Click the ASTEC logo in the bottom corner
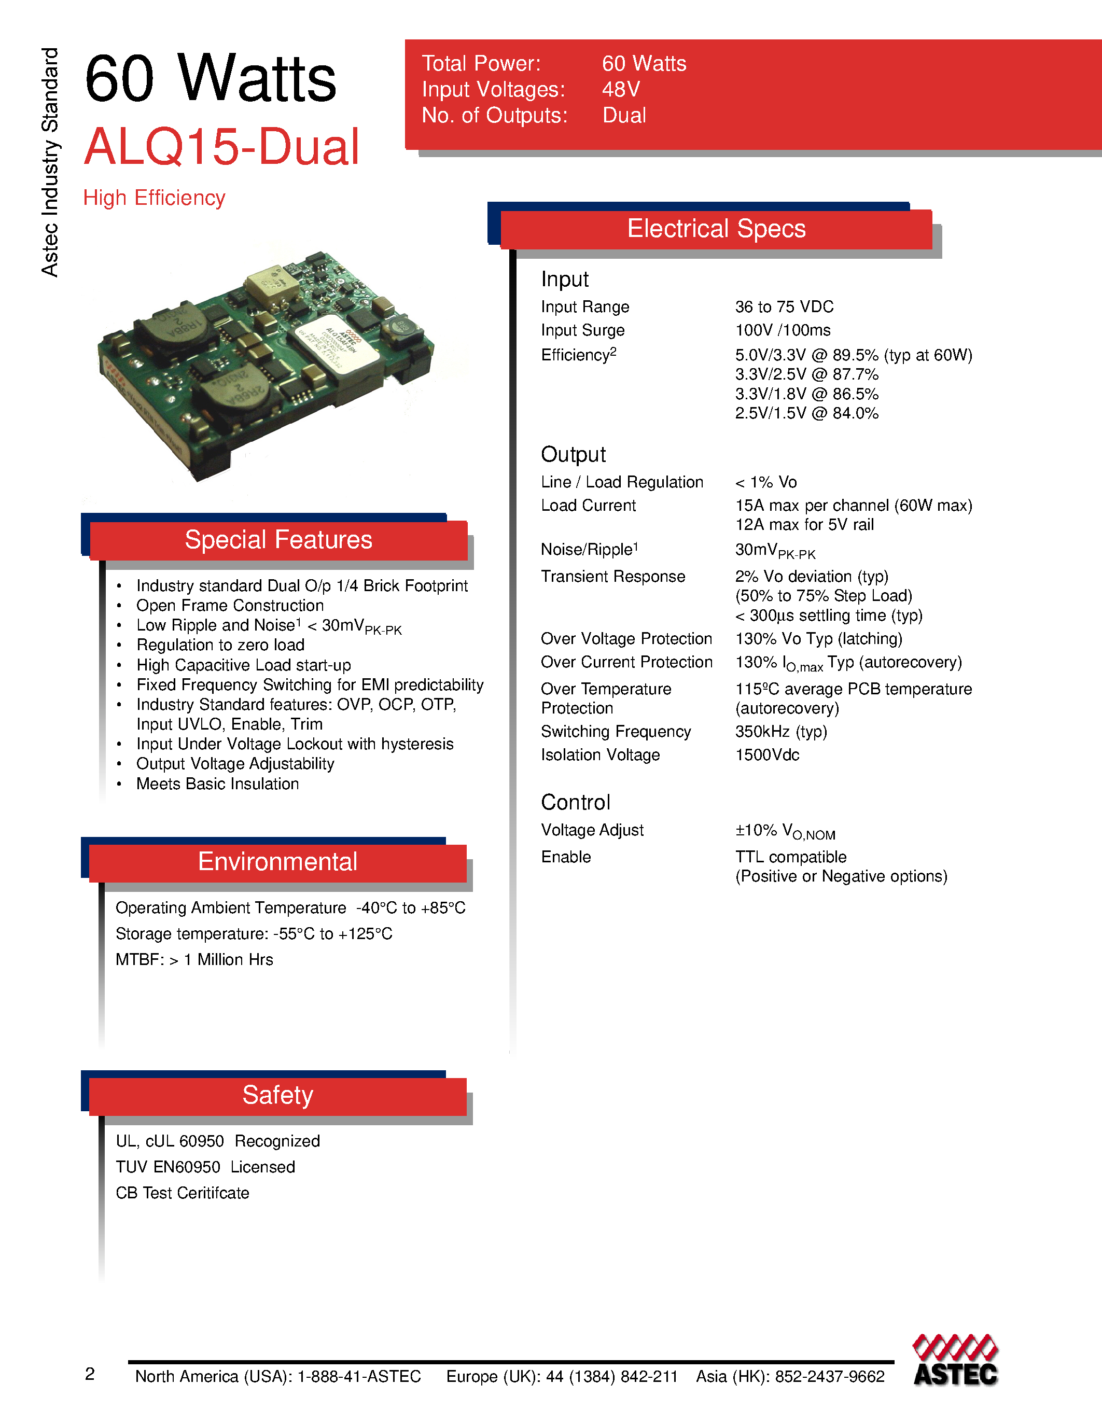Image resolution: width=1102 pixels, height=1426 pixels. tap(955, 1361)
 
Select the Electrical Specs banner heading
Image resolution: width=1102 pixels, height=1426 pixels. tap(716, 229)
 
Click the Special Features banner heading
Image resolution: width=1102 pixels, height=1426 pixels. tap(278, 540)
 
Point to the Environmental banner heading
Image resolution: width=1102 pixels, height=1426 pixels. tap(277, 862)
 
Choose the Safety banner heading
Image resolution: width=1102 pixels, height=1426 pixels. tap(277, 1095)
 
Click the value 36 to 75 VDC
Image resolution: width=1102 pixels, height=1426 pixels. tap(784, 307)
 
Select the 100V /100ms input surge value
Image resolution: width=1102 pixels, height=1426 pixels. tap(783, 330)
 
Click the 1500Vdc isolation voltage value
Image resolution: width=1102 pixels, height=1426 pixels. tap(767, 755)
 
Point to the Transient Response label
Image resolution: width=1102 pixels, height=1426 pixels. tap(613, 577)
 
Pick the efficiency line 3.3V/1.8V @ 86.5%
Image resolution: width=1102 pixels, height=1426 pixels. tap(806, 395)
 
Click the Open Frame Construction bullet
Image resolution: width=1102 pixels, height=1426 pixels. tap(230, 606)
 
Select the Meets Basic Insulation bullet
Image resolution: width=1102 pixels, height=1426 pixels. tap(217, 784)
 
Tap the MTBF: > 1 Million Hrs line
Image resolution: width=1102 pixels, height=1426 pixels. tap(194, 960)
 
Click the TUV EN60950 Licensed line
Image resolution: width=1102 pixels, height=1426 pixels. tap(205, 1167)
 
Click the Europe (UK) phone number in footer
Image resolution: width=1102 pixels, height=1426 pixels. tap(562, 1376)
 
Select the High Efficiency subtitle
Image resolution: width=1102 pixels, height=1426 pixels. tap(154, 198)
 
